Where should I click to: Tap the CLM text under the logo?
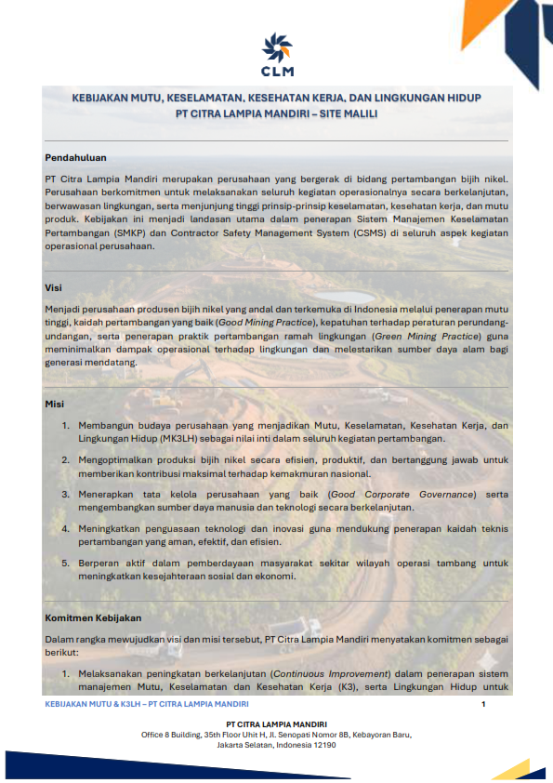277,71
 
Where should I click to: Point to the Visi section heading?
53,289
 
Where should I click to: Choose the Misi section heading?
54,405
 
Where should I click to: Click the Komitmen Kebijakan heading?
93,617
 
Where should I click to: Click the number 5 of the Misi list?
66,563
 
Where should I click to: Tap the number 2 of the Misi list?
66,459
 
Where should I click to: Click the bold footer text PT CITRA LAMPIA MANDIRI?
276,723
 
